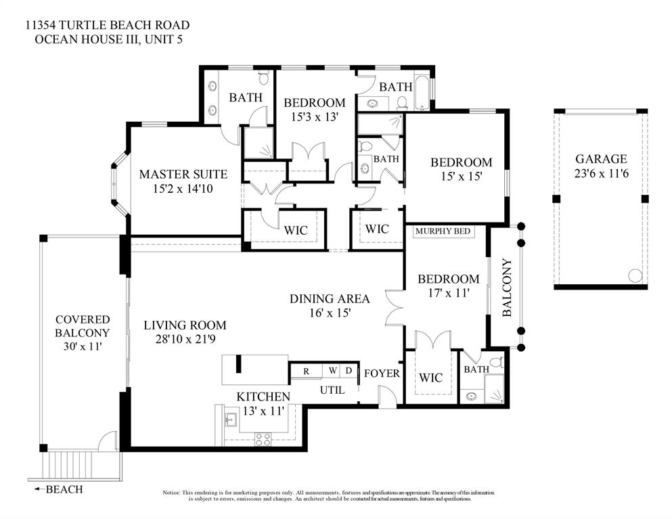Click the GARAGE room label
click(x=600, y=159)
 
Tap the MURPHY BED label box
click(x=443, y=231)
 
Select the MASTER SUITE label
click(x=183, y=175)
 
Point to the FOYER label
click(x=382, y=373)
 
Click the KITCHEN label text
click(x=263, y=397)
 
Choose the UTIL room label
click(x=332, y=390)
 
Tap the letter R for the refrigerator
click(x=306, y=371)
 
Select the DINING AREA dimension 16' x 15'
click(x=330, y=313)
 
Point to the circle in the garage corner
click(x=635, y=275)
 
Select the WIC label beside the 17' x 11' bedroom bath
click(x=431, y=377)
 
